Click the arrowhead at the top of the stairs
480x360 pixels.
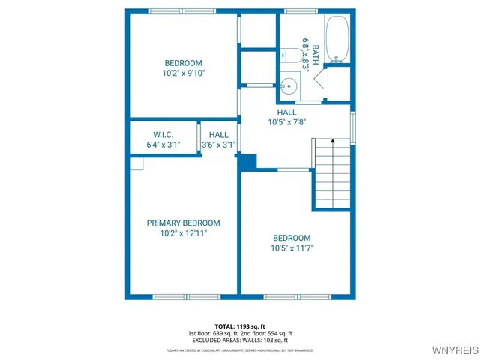click(333, 142)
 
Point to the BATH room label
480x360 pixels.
click(316, 54)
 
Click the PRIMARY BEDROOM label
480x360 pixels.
click(183, 223)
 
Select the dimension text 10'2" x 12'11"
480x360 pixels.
click(183, 233)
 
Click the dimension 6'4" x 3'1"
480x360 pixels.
click(163, 145)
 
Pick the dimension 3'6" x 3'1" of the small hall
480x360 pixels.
click(219, 145)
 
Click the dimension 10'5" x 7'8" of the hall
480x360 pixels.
click(287, 122)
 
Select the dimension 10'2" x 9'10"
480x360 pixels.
click(183, 73)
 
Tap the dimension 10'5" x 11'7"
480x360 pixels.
click(292, 247)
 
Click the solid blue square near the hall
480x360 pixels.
click(247, 162)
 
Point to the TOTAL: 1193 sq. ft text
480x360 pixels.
click(240, 326)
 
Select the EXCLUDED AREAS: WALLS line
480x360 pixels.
click(240, 340)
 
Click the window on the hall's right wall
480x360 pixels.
click(352, 124)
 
